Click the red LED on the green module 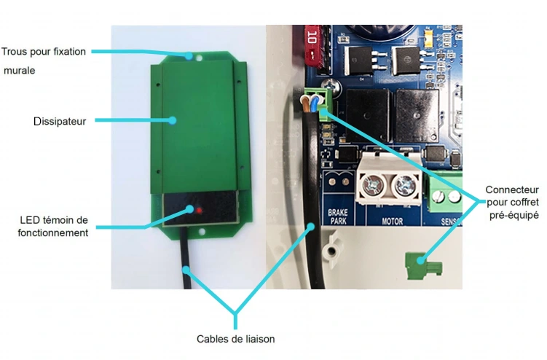[x=199, y=211]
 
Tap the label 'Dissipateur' [x=60, y=122]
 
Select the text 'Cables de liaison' [x=235, y=339]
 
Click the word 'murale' [x=20, y=71]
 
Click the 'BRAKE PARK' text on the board [x=338, y=216]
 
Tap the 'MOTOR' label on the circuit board [x=393, y=221]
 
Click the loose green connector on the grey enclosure [x=423, y=266]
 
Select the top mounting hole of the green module [x=200, y=58]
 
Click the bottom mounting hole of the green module [x=202, y=232]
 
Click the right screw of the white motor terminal [x=405, y=184]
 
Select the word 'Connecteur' [x=512, y=190]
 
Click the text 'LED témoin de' [x=54, y=220]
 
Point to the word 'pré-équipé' [x=514, y=215]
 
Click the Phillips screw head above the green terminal [x=329, y=85]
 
